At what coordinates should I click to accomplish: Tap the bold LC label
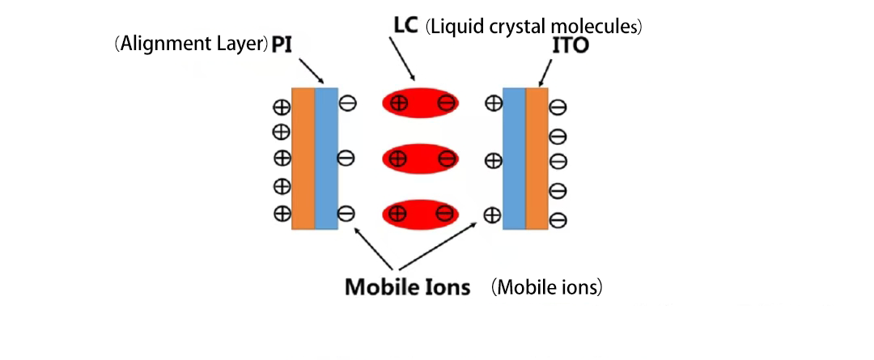click(401, 27)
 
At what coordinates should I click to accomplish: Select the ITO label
click(569, 46)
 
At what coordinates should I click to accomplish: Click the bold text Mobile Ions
click(407, 286)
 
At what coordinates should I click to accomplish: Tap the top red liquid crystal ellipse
click(421, 103)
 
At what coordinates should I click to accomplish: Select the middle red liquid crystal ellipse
click(421, 159)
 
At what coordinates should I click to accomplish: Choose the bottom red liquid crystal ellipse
click(421, 214)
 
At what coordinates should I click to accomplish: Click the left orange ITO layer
click(303, 158)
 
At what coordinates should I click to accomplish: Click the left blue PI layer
click(325, 158)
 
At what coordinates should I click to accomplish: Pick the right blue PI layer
click(514, 158)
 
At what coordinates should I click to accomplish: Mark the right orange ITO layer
click(537, 158)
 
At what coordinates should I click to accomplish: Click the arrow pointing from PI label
click(311, 69)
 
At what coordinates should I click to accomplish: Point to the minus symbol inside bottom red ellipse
click(444, 214)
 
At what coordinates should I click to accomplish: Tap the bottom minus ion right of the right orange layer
click(558, 218)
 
